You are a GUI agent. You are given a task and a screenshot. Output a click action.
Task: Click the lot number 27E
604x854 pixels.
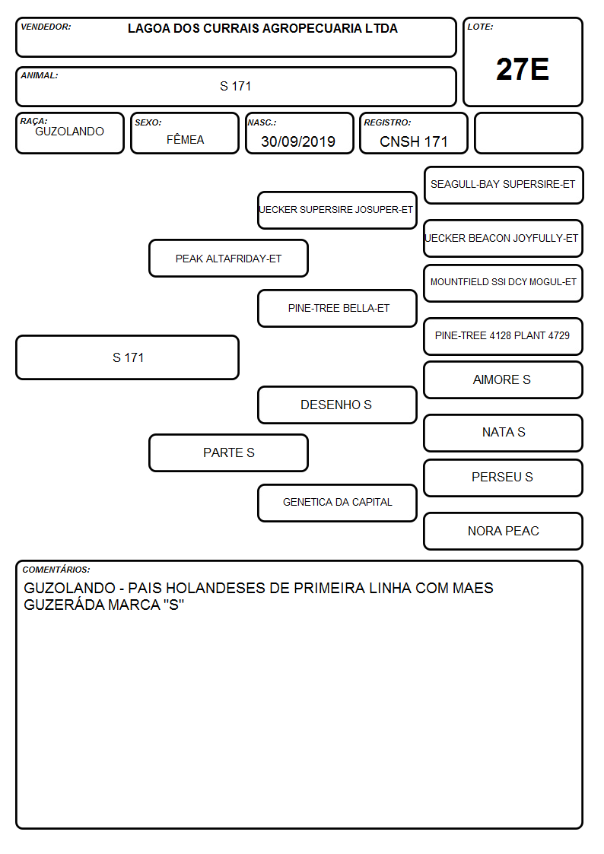(523, 69)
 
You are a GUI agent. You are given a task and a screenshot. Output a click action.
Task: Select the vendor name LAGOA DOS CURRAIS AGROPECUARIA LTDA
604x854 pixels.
(262, 28)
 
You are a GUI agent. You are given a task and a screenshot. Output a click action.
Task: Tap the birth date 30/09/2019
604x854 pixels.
(298, 141)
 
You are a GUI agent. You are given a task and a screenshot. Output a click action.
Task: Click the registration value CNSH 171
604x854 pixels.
(413, 141)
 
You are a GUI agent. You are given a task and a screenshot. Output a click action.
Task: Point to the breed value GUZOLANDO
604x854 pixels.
(69, 132)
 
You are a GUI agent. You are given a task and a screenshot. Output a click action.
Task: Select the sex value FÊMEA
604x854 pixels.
(185, 139)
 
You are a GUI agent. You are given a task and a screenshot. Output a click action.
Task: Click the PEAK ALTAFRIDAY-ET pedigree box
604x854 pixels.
(229, 258)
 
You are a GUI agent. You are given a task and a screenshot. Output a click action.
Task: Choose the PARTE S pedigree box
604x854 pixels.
(229, 452)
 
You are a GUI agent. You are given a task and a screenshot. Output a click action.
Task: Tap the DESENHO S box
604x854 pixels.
(337, 405)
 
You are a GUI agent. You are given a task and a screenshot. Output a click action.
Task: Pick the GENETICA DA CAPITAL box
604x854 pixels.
(337, 503)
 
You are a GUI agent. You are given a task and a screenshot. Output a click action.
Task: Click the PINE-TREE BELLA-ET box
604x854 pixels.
(337, 308)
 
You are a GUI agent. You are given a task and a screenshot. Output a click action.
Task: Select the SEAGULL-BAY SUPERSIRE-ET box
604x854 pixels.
(504, 186)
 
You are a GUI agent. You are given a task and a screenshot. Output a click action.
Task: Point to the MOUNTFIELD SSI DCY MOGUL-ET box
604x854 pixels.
(504, 283)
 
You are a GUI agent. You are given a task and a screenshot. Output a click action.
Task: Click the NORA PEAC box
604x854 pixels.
(504, 531)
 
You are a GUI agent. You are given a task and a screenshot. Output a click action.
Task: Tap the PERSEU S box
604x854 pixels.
(504, 478)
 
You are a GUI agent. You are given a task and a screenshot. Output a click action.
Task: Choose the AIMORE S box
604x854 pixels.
(504, 379)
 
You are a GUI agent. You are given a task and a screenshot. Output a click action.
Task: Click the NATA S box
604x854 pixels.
(504, 433)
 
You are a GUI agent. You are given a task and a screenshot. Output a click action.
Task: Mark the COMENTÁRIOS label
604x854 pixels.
(56, 570)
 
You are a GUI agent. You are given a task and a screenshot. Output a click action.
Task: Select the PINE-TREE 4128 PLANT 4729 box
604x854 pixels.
(504, 336)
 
